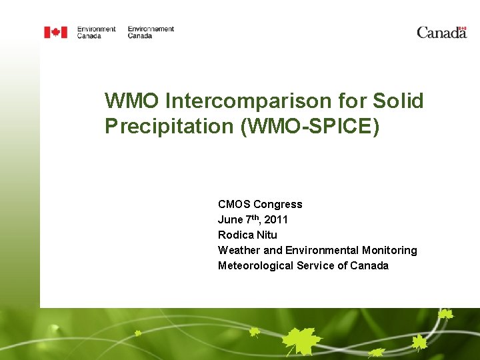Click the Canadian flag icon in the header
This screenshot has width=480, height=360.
(x=55, y=32)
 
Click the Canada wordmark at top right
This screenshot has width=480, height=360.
(x=441, y=32)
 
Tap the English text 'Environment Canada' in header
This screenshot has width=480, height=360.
(x=96, y=32)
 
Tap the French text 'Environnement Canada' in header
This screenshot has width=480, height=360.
(x=151, y=32)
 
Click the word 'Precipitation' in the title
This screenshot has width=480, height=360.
(x=170, y=127)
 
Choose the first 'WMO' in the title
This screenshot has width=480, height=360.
(x=132, y=101)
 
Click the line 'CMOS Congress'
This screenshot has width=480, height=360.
(x=260, y=204)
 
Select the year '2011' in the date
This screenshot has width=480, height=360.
(x=276, y=219)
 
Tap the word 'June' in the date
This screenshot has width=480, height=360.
(x=230, y=219)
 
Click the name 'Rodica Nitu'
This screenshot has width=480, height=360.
(x=247, y=235)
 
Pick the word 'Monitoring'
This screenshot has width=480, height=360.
(x=389, y=250)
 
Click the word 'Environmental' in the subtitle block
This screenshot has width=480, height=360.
(x=322, y=250)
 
